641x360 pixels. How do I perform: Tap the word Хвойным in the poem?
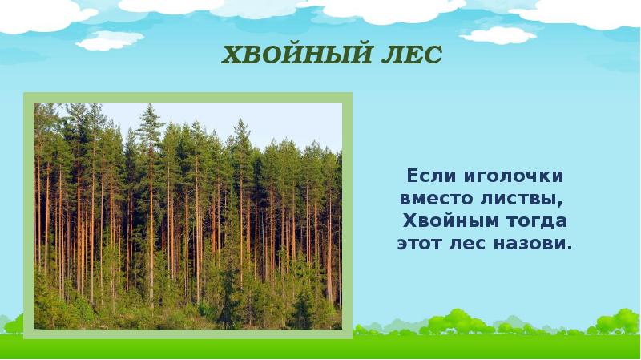click(452, 220)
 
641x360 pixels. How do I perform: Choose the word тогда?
click(541, 220)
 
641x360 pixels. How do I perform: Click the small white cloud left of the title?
click(110, 39)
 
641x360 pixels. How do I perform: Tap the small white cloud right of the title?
click(498, 34)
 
